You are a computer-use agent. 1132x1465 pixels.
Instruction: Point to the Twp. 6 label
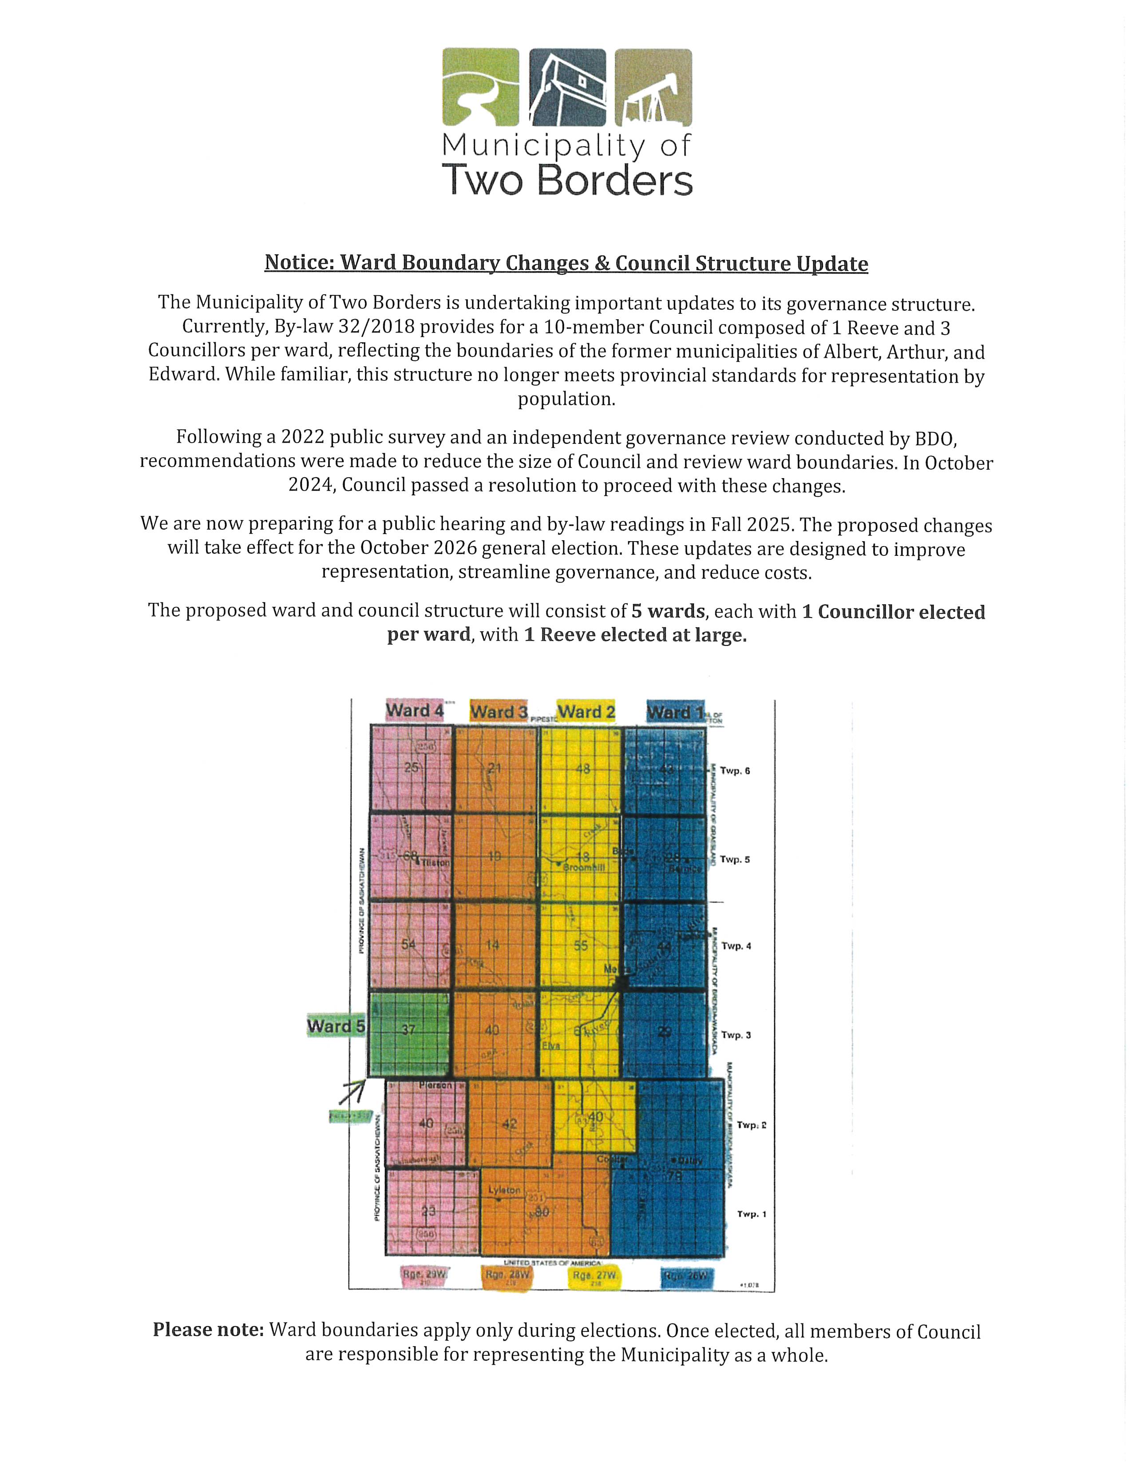[735, 771]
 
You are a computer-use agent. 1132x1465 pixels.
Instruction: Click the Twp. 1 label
[751, 1214]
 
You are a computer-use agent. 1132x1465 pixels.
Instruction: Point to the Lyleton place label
[504, 1189]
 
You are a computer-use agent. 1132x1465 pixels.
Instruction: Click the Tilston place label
[435, 863]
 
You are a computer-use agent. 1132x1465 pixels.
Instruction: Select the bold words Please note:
[208, 1330]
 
